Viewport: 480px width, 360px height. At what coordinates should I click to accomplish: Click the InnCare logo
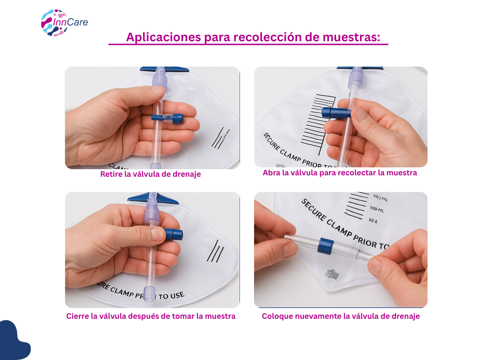coord(64,22)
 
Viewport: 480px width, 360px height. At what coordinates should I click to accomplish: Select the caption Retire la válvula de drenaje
coord(150,174)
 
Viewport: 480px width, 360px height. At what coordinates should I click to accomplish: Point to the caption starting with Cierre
coord(150,316)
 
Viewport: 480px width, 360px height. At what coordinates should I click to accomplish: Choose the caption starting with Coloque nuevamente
coord(340,316)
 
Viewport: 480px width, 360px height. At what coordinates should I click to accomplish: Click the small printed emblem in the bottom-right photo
coord(332,274)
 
